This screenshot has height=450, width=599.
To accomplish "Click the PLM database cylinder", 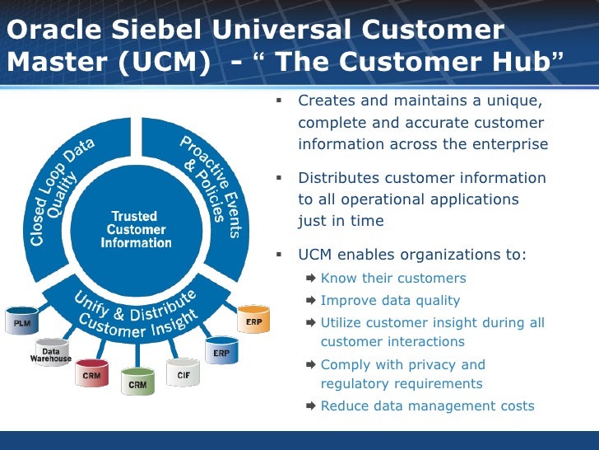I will coord(22,322).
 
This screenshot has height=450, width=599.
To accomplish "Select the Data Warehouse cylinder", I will coord(51,354).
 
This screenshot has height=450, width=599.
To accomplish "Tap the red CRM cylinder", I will coord(91,373).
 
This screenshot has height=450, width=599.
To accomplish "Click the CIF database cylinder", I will coord(183,373).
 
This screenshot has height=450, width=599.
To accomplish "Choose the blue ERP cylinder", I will coord(221,351).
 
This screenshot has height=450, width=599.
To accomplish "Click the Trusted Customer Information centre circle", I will coord(137,230).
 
